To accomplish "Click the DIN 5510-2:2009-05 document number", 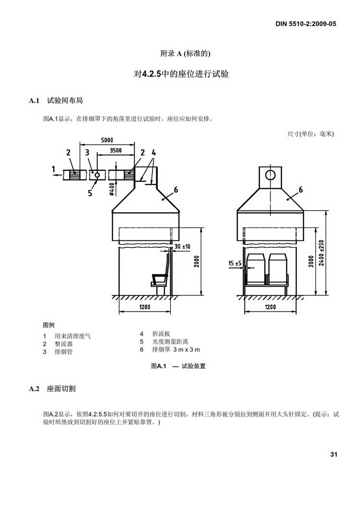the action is pos(306,24).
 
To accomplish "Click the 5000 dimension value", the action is pos(107,140).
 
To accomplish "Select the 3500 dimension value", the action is pos(116,150).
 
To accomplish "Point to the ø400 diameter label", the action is pos(111,188).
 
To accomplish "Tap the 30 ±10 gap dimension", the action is pos(182,246).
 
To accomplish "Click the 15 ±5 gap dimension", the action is pos(235,263).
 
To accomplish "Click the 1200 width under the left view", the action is pos(145,306).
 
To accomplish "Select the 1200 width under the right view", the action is pos(270,306).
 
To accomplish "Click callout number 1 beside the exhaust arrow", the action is pos(53,169).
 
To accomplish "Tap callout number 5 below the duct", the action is pos(90,193).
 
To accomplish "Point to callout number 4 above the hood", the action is pos(154,152).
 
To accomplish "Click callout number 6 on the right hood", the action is pos(300,189).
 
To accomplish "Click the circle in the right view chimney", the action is pos(270,175).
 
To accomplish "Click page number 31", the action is pos(334,454).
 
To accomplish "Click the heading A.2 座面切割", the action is pos(52,389).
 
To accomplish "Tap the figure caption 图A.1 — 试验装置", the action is pos(178,366).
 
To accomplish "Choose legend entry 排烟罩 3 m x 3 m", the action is pos(176,350).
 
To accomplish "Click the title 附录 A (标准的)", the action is pos(185,54).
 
